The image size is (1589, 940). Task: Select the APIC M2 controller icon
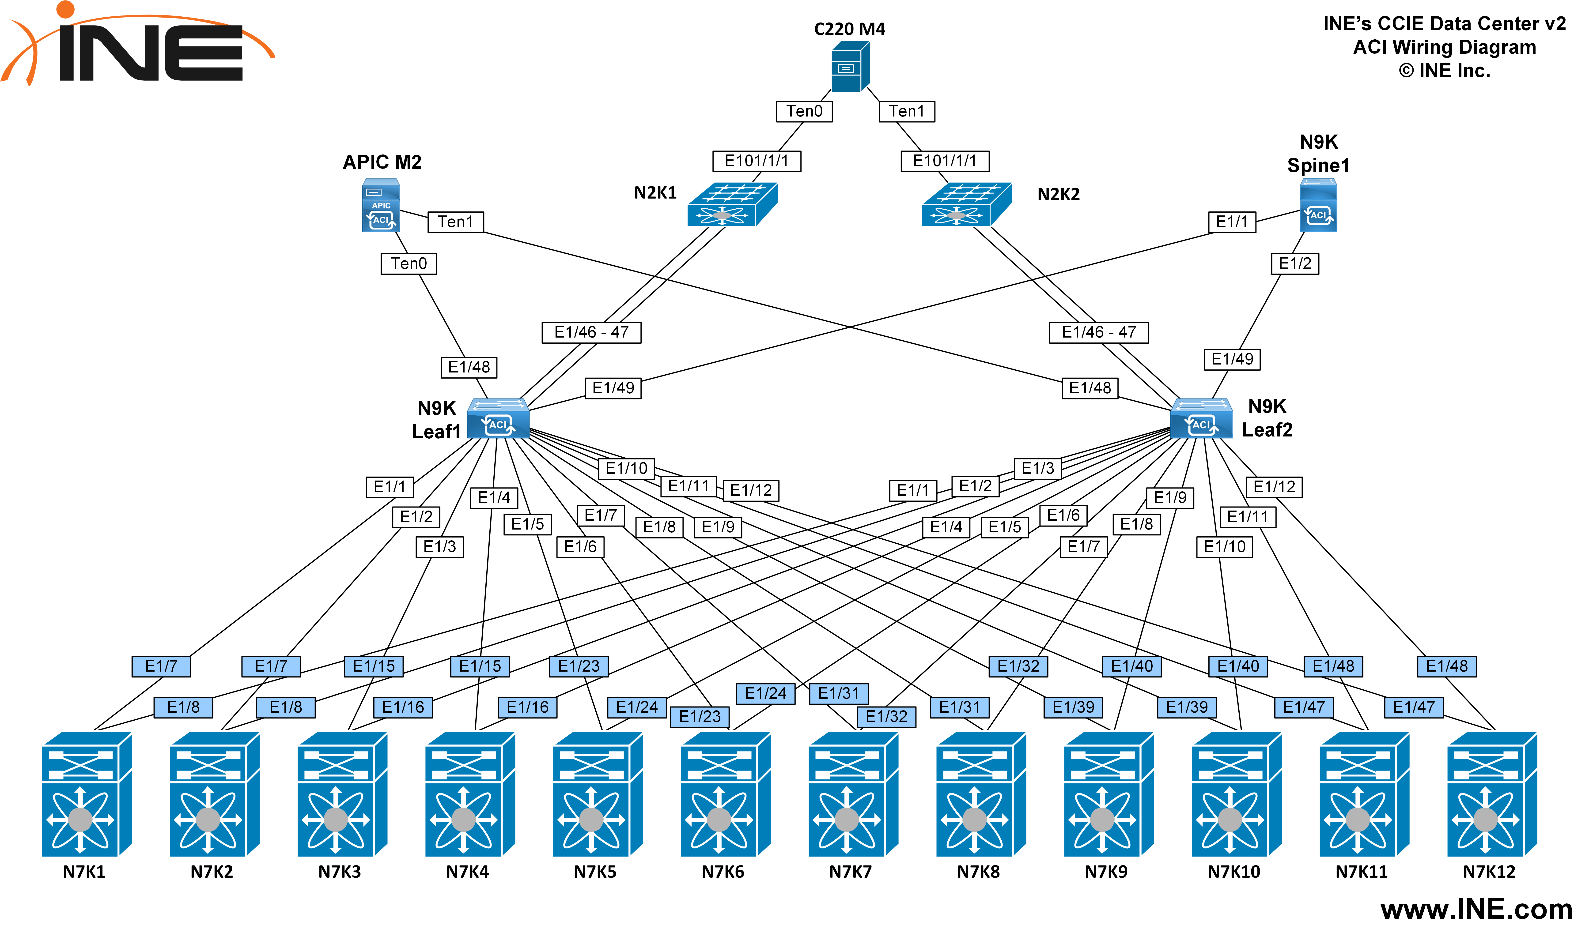pos(381,205)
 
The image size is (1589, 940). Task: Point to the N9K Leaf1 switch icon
pos(498,419)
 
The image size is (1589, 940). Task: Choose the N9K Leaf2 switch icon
pos(1201,419)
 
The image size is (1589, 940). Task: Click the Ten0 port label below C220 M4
pos(804,112)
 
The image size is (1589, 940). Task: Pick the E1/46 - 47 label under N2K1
pos(591,333)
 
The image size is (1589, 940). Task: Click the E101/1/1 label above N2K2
pos(945,161)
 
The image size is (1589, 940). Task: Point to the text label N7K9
pos(1106,872)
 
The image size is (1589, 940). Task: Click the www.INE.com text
pos(1476,910)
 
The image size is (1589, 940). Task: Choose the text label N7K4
pos(468,872)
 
